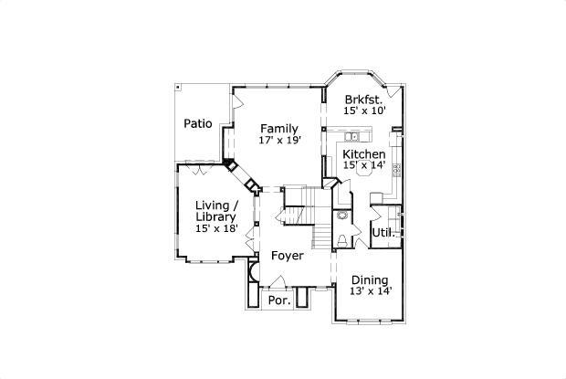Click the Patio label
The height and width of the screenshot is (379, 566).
coord(198,123)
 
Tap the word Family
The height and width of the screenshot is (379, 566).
coord(278,128)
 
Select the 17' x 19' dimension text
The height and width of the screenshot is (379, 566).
coord(278,141)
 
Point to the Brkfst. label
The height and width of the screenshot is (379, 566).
coord(364,98)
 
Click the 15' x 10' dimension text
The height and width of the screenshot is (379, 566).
coord(364,111)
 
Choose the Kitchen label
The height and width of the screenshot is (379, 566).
coord(363,154)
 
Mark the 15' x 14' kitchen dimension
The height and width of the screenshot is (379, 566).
coord(363,166)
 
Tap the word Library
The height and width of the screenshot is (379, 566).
coord(216,217)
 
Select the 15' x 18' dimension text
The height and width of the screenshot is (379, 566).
coord(216,229)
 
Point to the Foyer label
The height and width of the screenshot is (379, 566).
coord(287,256)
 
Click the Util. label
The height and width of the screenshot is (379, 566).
coord(383,233)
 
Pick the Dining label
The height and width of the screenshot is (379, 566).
coord(370,279)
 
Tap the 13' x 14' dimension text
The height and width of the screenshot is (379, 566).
coord(370,291)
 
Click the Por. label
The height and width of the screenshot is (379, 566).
coord(278,300)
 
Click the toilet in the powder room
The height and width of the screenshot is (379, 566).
coord(341,239)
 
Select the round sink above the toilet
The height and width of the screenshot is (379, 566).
coord(342,216)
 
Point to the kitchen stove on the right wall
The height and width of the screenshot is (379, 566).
coord(396,169)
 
